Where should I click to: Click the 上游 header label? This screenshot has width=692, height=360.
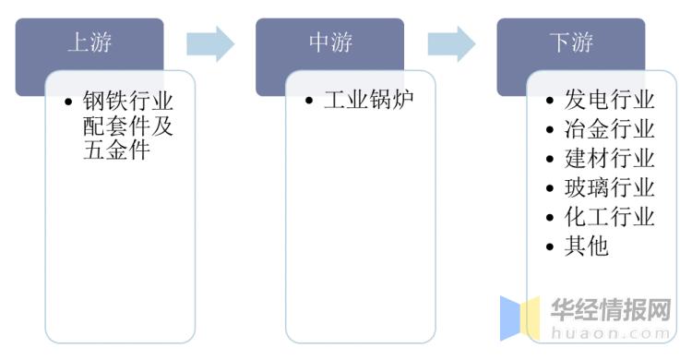(x=89, y=42)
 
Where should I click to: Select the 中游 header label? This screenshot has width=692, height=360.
(x=330, y=42)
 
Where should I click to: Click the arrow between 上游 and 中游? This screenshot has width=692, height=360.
(x=209, y=43)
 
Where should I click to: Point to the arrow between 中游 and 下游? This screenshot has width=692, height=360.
(x=451, y=43)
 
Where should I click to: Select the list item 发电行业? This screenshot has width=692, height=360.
(x=610, y=99)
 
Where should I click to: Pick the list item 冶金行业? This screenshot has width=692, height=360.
(x=610, y=128)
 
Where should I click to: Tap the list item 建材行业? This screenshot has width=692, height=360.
(x=610, y=158)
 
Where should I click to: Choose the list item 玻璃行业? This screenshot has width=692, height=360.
(x=610, y=187)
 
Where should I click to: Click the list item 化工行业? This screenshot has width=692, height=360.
(x=610, y=217)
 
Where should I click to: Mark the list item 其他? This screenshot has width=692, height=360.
(x=587, y=246)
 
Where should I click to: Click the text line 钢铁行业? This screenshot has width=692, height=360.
(x=128, y=99)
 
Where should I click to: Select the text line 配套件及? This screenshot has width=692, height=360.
(x=128, y=125)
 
